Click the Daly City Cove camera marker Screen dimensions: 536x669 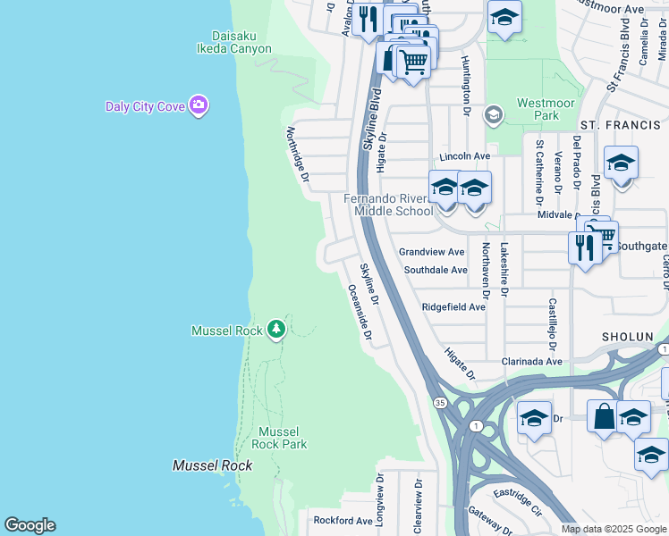[199, 106]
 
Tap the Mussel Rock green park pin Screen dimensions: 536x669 [276, 330]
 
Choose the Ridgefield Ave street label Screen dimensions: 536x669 [453, 306]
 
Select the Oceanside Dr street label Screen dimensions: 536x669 [359, 314]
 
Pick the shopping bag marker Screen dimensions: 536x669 [604, 416]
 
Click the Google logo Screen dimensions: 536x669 [30, 525]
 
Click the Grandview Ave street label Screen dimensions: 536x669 [432, 252]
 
